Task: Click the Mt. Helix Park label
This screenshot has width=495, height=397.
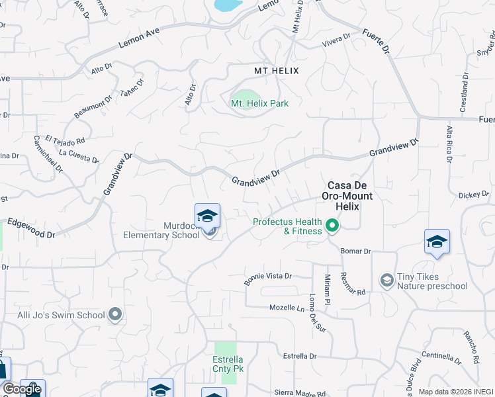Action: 259,103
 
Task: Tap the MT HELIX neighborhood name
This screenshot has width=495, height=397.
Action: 277,71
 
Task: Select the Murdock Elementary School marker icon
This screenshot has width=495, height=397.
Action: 207,217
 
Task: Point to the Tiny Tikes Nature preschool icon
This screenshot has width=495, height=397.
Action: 386,281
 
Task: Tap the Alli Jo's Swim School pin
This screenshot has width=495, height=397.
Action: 116,314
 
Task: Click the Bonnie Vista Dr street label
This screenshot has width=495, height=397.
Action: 268,279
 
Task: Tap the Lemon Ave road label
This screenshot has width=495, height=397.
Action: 140,39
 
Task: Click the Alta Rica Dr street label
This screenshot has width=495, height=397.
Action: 449,145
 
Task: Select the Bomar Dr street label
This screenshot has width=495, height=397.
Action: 356,251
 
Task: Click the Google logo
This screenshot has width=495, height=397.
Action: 21,389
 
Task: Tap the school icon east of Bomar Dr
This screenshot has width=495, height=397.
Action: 437,242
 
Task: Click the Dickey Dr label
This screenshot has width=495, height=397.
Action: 473,195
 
